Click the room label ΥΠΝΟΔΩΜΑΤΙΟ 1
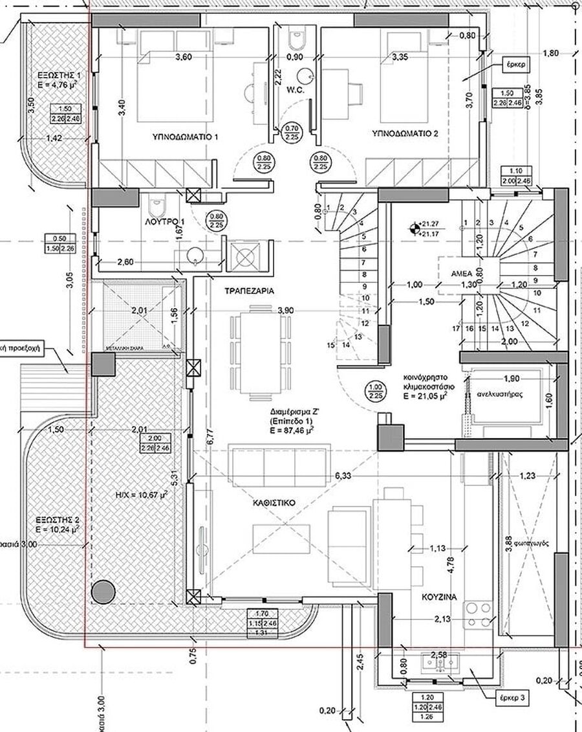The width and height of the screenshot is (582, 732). (185, 137)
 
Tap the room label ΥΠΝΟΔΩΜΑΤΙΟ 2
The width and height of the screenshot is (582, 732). (405, 134)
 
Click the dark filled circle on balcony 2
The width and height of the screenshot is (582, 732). (103, 592)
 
